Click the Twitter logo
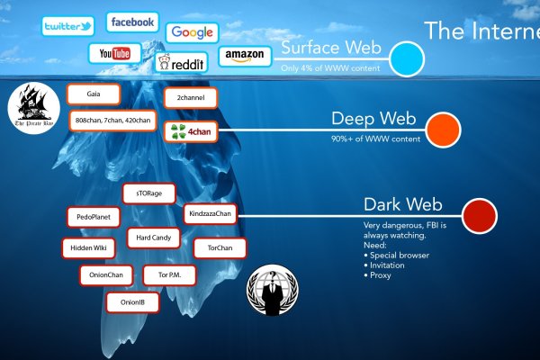point(68,25)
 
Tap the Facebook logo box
point(132,22)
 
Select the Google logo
point(192,32)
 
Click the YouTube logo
point(114,54)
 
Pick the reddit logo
point(182,61)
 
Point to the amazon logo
point(244,57)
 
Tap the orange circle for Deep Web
point(443,130)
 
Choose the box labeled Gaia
point(94,94)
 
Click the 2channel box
point(192,97)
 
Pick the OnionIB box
point(133,302)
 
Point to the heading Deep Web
point(365,119)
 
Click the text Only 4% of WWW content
point(332,67)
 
